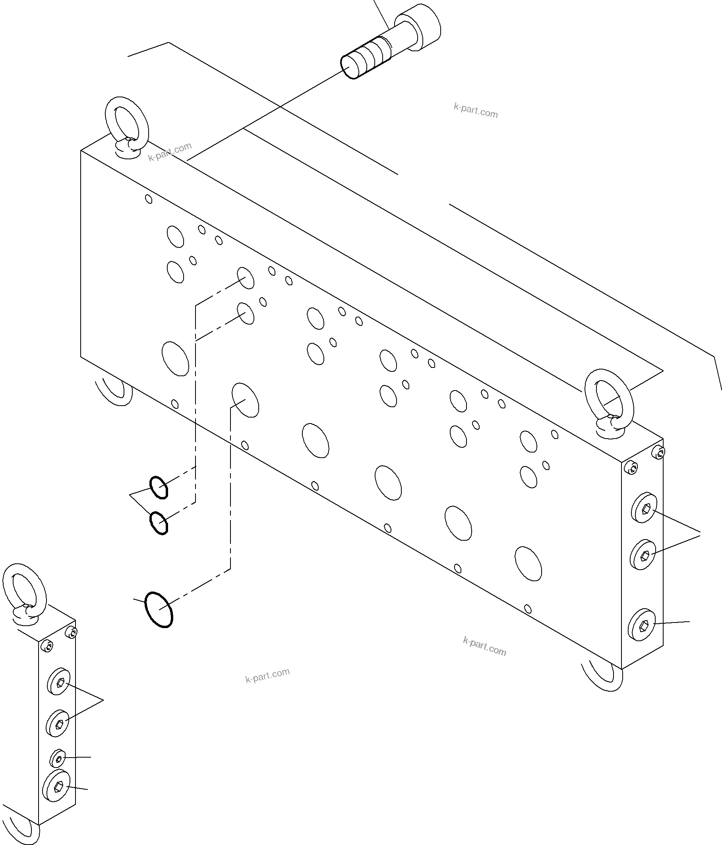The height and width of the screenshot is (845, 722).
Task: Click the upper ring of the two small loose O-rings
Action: tap(159, 487)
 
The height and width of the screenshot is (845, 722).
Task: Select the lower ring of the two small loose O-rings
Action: tap(159, 523)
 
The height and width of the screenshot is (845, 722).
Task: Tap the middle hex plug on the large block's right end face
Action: tap(643, 554)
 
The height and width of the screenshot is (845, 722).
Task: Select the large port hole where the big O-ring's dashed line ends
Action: tap(245, 400)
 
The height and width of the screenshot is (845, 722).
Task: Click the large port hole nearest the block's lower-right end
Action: tap(528, 563)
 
